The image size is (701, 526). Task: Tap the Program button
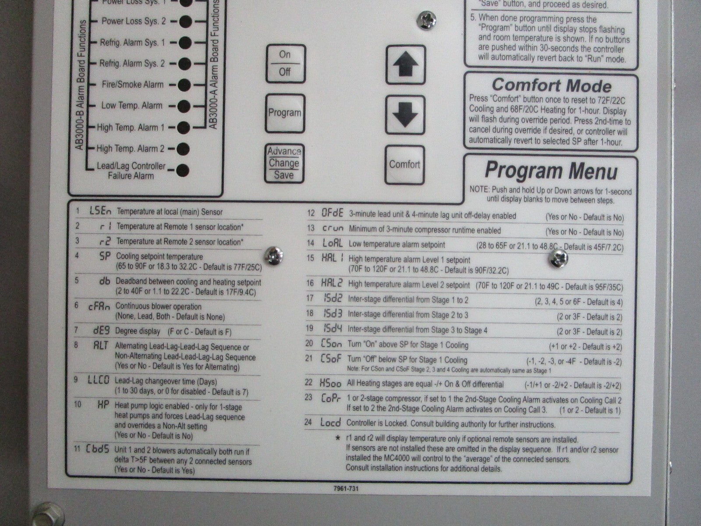[285, 113]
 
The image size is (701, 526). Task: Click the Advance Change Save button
[284, 163]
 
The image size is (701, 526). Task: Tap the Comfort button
[405, 165]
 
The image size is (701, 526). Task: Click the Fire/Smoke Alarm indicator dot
[184, 85]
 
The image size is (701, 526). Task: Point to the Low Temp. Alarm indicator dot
[184, 106]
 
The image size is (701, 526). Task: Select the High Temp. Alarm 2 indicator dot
[183, 149]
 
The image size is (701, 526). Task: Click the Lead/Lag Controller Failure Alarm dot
[182, 170]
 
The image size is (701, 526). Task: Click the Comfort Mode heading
[552, 85]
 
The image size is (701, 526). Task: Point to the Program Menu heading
[551, 171]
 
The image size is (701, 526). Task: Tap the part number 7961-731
[346, 489]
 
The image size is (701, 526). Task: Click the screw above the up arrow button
[426, 21]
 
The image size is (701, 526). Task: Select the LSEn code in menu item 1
[100, 211]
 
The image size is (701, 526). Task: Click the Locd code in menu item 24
[330, 423]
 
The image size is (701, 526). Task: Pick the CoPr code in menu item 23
[331, 398]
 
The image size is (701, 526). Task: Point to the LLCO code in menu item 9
[99, 380]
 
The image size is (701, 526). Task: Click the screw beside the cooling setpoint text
[273, 256]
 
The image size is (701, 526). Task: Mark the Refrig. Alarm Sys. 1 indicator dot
[185, 43]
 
